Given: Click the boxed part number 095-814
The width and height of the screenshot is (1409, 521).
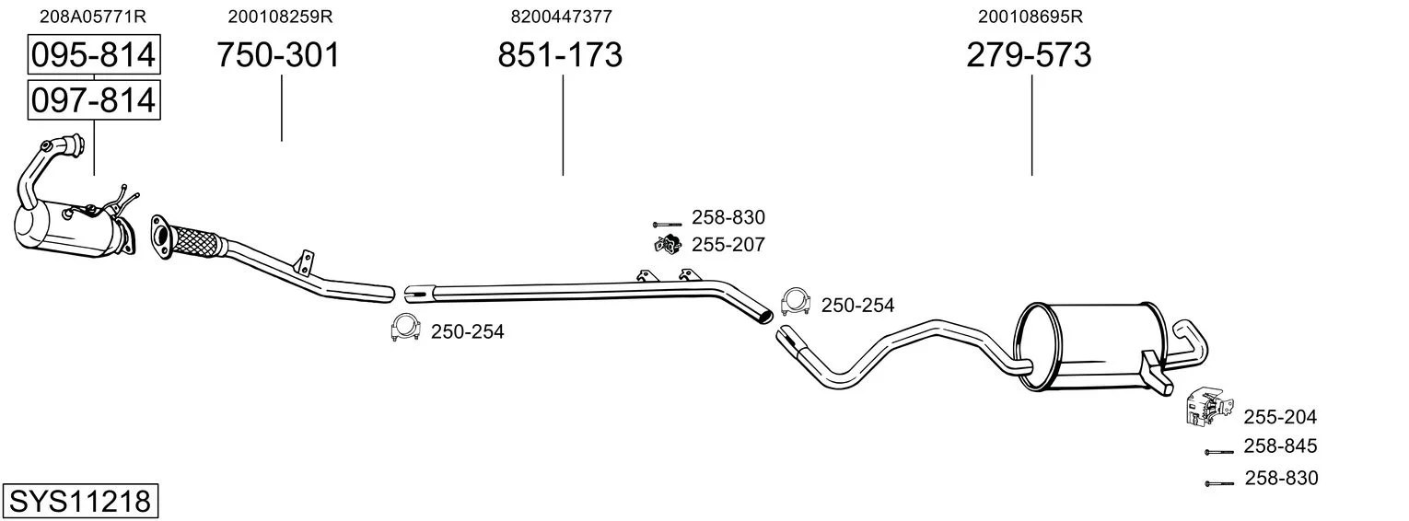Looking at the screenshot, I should click(93, 55).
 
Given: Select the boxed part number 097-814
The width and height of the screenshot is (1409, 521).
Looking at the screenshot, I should click(93, 99).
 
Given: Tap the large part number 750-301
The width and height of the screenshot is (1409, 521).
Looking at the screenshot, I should click(278, 55).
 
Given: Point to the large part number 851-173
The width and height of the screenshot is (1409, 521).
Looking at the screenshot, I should click(560, 55).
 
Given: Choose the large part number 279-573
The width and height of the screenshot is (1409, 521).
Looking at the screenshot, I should click(1029, 55).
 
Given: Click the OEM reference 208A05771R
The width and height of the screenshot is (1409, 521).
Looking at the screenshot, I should click(93, 17).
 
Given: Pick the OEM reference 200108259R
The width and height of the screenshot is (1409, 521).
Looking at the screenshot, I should click(280, 17).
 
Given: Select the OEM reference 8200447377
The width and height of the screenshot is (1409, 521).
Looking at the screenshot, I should click(561, 17).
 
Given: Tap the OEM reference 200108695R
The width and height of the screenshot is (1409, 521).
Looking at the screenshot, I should click(1031, 17).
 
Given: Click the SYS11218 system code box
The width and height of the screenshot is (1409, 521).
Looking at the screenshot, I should click(79, 502).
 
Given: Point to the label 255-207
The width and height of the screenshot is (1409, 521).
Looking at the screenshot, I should click(728, 245).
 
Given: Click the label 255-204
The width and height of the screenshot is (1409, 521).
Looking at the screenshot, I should click(1280, 417).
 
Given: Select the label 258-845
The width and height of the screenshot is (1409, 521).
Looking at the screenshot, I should click(1280, 446).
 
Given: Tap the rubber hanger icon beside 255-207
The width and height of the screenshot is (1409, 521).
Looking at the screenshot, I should click(666, 244).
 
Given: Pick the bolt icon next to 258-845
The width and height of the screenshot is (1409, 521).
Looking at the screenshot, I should click(1218, 452).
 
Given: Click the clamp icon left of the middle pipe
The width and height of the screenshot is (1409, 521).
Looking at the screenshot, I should click(405, 329).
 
